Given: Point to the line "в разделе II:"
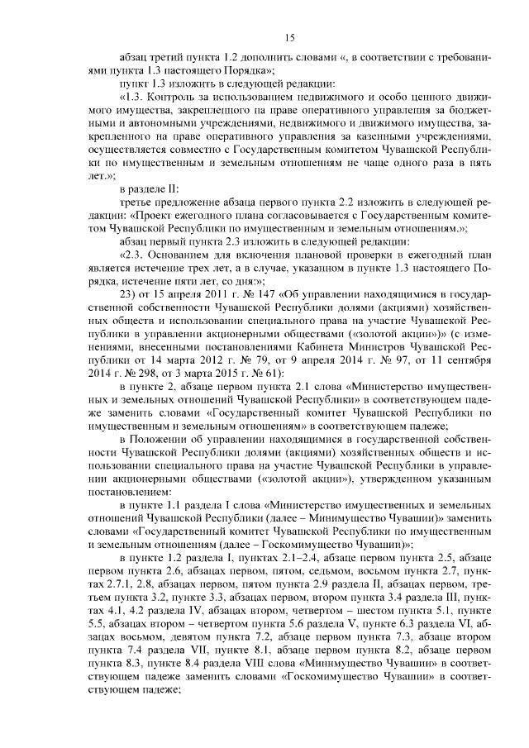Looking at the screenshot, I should (148, 189).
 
